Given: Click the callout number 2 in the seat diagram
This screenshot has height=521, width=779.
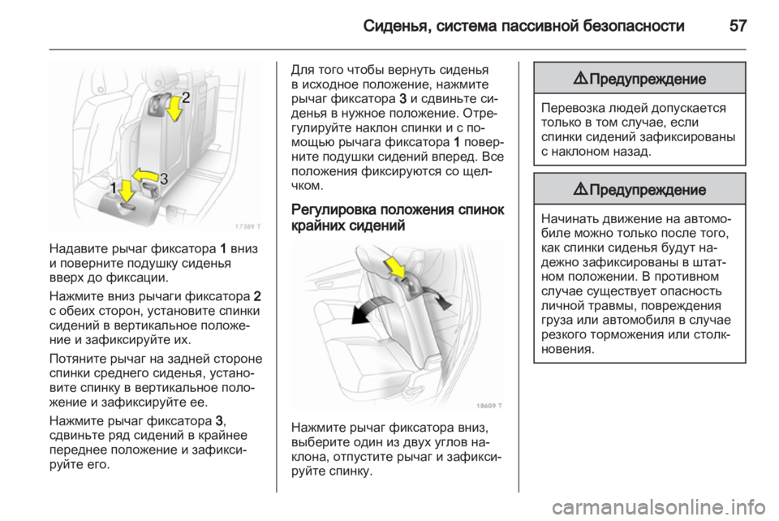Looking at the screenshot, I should click(186, 99).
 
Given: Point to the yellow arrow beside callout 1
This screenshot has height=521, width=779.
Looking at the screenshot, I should click(126, 192).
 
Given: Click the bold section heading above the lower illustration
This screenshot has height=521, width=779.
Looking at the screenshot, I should click(397, 220).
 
